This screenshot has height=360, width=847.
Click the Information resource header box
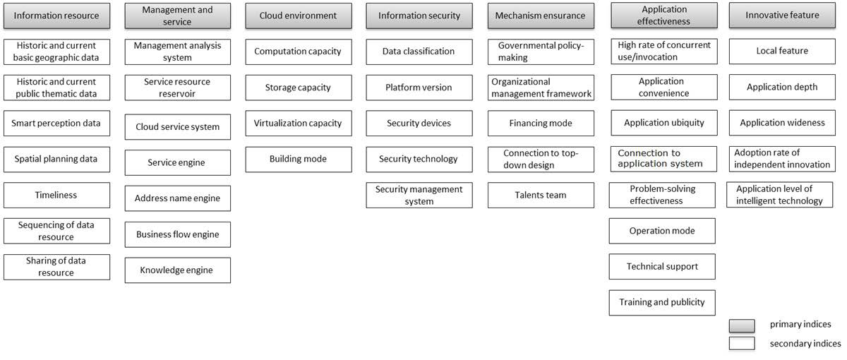pyautogui.click(x=56, y=16)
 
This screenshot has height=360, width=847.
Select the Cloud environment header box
pyautogui.click(x=298, y=16)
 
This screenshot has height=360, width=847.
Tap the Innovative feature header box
pyautogui.click(x=782, y=16)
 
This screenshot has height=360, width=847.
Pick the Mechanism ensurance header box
pyautogui.click(x=540, y=16)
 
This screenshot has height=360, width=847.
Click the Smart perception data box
pyautogui.click(x=56, y=123)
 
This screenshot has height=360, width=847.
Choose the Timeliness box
pyautogui.click(x=56, y=195)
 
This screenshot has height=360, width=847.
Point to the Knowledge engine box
pyautogui.click(x=177, y=270)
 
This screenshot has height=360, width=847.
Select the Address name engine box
pyautogui.click(x=177, y=198)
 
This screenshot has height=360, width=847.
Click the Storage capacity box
pyautogui.click(x=298, y=88)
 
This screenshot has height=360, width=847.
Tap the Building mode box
pyautogui.click(x=298, y=159)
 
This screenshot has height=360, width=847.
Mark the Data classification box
pyautogui.click(x=419, y=52)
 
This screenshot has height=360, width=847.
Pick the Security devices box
pyautogui.click(x=419, y=123)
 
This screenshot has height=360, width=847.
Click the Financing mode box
pyautogui.click(x=540, y=123)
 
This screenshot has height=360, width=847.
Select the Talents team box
pyautogui.click(x=540, y=195)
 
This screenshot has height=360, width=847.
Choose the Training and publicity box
pyautogui.click(x=662, y=302)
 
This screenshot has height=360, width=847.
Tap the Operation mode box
pyautogui.click(x=662, y=231)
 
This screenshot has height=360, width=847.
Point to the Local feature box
pyautogui.click(x=782, y=52)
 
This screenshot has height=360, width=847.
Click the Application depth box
pyautogui.click(x=782, y=88)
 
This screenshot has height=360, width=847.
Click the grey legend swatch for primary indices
pyautogui.click(x=742, y=325)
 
